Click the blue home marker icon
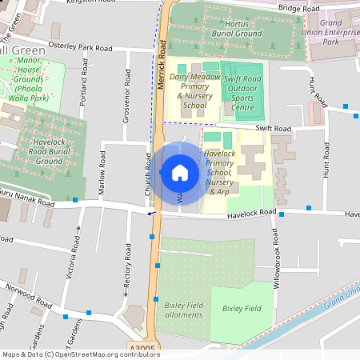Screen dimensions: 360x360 pos(179,172)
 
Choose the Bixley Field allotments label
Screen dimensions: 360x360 pos(184,310)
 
